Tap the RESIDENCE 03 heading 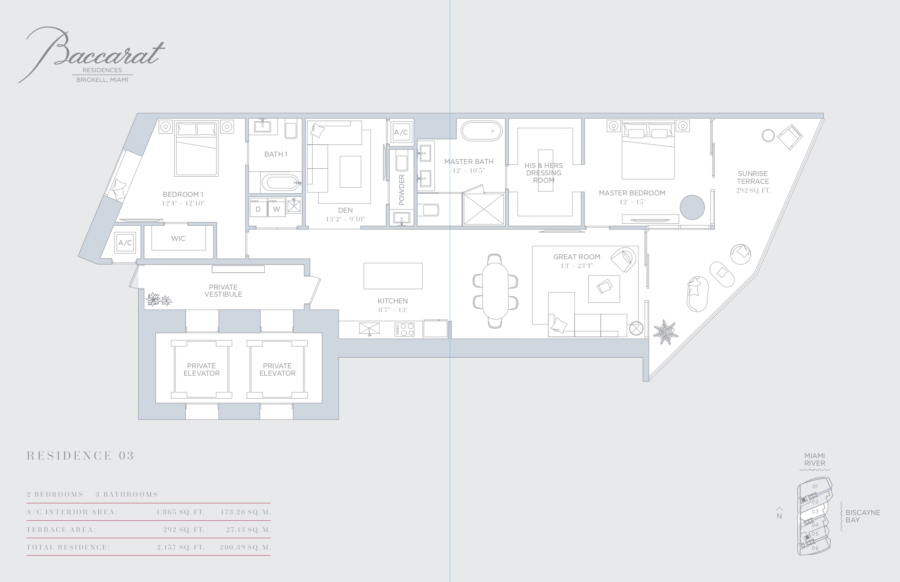coord(80,456)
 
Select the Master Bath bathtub coord(481,131)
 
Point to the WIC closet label coord(178,238)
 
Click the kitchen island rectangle coord(393,276)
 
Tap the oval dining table coord(495,291)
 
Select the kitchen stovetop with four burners coord(404,329)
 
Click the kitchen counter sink coord(369,329)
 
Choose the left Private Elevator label coord(202,369)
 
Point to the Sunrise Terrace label coord(753,177)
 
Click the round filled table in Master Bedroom coord(692,207)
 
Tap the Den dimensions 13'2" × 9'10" coord(345,219)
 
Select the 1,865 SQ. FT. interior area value coord(180,512)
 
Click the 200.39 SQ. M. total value coord(245,547)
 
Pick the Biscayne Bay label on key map coord(863,516)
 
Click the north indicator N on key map coord(779,516)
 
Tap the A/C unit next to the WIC coord(125,243)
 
